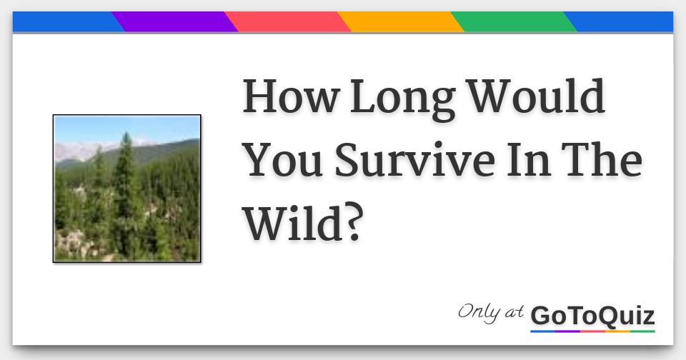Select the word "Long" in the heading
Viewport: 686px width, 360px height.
coord(402,99)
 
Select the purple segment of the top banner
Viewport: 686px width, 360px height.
coord(175,22)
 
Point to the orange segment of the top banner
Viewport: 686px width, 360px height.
coord(401,22)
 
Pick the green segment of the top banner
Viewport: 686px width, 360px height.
coord(514,22)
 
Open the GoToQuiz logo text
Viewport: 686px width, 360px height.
coord(592,315)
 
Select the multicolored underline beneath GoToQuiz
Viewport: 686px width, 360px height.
coord(592,331)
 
